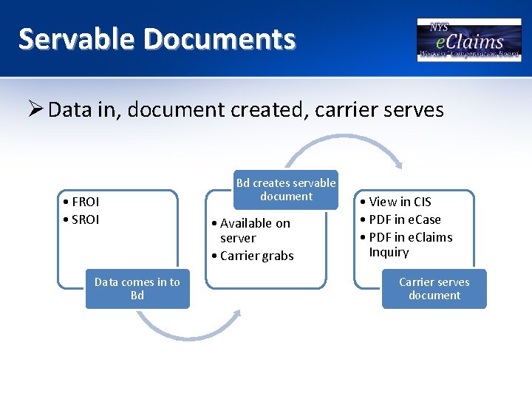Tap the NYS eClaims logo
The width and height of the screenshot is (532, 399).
pos(468,39)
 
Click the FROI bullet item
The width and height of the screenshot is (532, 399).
pos(83,202)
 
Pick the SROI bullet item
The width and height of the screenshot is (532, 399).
pos(83,219)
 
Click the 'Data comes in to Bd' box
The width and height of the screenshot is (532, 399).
pos(137,288)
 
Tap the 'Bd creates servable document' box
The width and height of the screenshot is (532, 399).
pos(286,190)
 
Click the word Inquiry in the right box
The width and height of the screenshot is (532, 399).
pos(389,252)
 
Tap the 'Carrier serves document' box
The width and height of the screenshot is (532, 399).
pos(434,288)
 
